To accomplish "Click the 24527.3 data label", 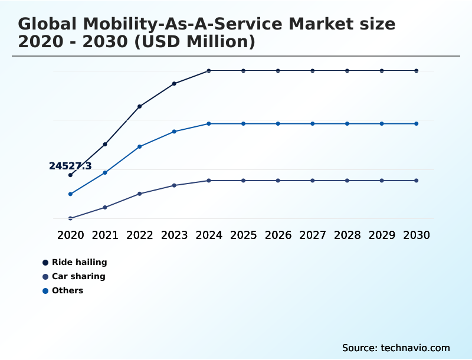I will pyautogui.click(x=70, y=166).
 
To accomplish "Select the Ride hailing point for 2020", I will pyautogui.click(x=70, y=175).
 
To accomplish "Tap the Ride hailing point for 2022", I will pyautogui.click(x=140, y=106).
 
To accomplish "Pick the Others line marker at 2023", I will pyautogui.click(x=174, y=132).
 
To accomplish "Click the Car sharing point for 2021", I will pyautogui.click(x=105, y=207).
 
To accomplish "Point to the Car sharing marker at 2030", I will pyautogui.click(x=416, y=181).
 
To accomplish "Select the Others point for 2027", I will pyautogui.click(x=313, y=124).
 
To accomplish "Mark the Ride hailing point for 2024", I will pyautogui.click(x=209, y=71).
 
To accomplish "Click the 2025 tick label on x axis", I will pyautogui.click(x=243, y=235).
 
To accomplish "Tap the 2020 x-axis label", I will pyautogui.click(x=70, y=235).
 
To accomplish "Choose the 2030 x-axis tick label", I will pyautogui.click(x=416, y=235).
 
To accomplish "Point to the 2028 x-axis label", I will pyautogui.click(x=347, y=235).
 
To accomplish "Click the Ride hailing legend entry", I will pyautogui.click(x=79, y=262).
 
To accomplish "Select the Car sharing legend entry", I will pyautogui.click(x=78, y=276).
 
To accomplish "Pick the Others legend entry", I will pyautogui.click(x=67, y=290).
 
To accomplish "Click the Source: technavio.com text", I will pyautogui.click(x=396, y=348).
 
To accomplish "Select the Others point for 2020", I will pyautogui.click(x=70, y=194).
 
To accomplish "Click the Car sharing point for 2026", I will pyautogui.click(x=278, y=181).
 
